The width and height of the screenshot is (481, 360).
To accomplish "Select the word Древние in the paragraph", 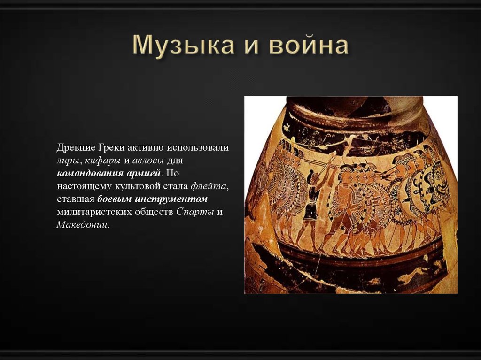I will tap(76, 147).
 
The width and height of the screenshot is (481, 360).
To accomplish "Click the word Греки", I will tap(111, 147).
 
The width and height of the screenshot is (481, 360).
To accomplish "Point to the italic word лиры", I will tap(68, 161).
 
